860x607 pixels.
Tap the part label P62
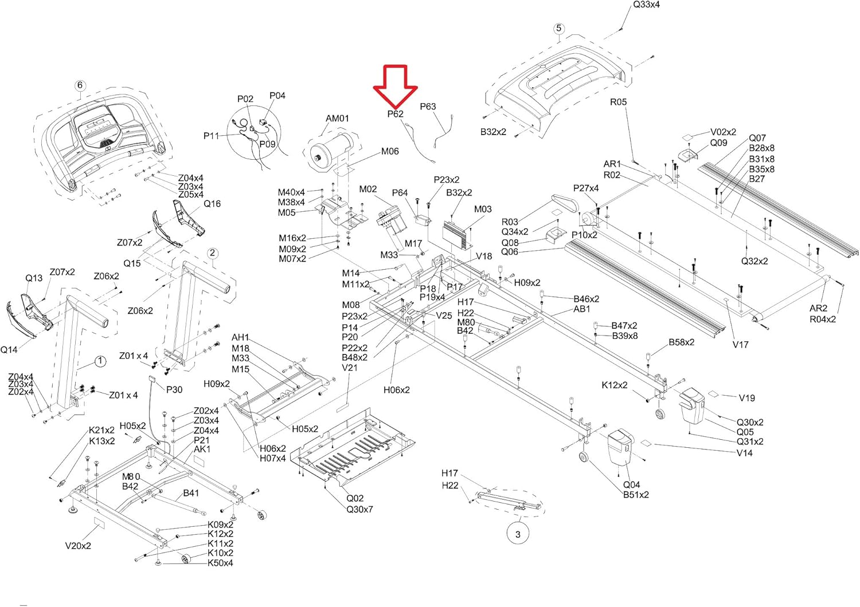click(x=395, y=114)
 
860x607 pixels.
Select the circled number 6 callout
click(x=80, y=85)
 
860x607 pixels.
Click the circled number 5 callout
click(x=558, y=28)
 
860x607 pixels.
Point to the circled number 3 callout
click(x=518, y=534)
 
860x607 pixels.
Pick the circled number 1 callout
click(x=100, y=361)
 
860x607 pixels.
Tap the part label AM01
click(x=337, y=119)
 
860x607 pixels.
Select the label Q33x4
click(x=646, y=5)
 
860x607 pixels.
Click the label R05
click(x=618, y=102)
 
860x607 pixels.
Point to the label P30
click(x=174, y=389)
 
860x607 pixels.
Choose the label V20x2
click(x=78, y=546)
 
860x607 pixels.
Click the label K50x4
click(x=220, y=563)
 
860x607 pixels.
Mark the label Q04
click(x=631, y=484)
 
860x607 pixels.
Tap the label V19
click(x=746, y=398)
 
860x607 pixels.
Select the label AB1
click(x=582, y=309)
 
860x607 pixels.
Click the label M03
click(x=483, y=209)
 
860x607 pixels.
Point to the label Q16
click(x=212, y=204)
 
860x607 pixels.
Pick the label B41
click(x=191, y=493)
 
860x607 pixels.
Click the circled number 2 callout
click(x=212, y=253)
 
